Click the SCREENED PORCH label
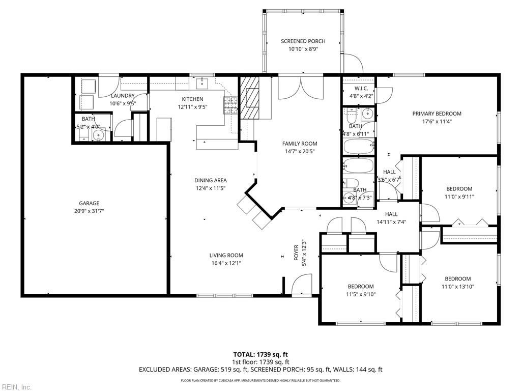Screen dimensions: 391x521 (303, 41)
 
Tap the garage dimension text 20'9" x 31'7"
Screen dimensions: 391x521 (89, 211)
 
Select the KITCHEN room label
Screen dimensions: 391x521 (192, 99)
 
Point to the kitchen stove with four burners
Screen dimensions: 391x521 (230, 105)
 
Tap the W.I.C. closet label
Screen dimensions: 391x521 (358, 88)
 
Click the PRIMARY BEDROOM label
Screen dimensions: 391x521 (437, 114)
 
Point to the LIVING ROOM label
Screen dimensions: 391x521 (226, 256)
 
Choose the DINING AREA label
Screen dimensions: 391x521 (210, 180)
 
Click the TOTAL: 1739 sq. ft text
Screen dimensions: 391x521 (260, 354)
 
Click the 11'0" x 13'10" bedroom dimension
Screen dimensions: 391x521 (457, 287)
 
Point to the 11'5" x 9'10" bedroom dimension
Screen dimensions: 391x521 (360, 294)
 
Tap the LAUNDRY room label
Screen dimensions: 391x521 (123, 96)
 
